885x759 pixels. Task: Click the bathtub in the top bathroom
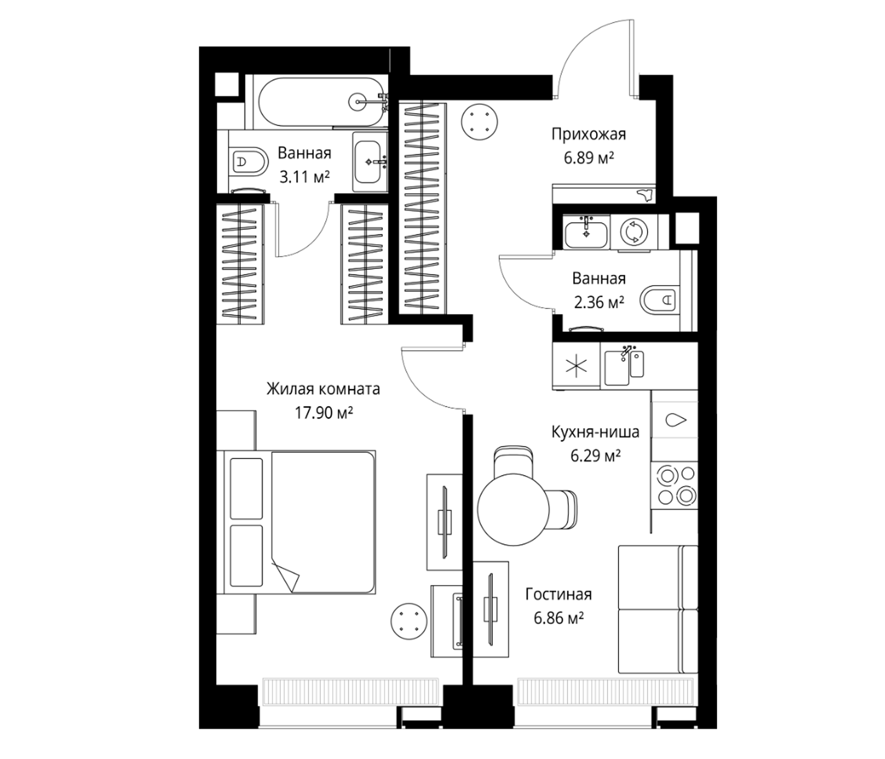320,102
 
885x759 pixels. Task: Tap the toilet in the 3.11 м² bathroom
248,161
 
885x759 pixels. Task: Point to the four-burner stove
674,485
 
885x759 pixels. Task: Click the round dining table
513,509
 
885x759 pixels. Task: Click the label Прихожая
589,134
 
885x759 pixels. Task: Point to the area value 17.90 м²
323,413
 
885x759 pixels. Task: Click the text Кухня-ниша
595,432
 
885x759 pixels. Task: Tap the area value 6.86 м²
559,619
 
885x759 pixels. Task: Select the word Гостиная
559,595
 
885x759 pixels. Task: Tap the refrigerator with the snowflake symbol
576,366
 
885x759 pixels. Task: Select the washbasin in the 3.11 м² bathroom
370,161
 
